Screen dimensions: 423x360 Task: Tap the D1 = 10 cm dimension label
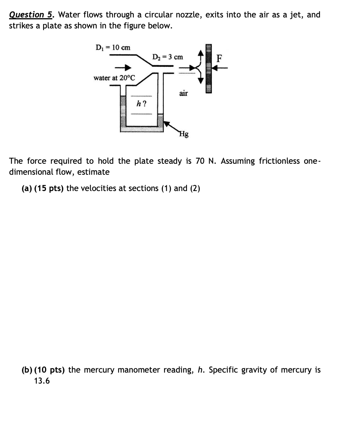(x=113, y=48)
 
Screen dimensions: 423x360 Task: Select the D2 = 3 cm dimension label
(x=167, y=57)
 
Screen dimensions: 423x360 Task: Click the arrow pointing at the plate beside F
(x=221, y=68)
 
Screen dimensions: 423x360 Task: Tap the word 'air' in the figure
(x=183, y=93)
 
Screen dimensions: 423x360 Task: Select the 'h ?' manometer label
(x=141, y=103)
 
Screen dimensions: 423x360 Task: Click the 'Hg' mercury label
(x=184, y=133)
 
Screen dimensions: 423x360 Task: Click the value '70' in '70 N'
(x=200, y=161)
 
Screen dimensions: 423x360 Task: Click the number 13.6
(x=42, y=381)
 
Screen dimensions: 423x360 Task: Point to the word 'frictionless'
(x=280, y=161)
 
